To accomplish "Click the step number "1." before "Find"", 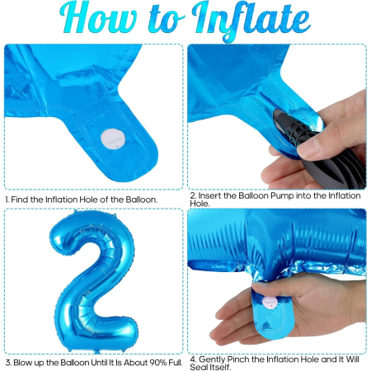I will pyautogui.click(x=7, y=200).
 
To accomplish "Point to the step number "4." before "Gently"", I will pyautogui.click(x=192, y=358).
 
